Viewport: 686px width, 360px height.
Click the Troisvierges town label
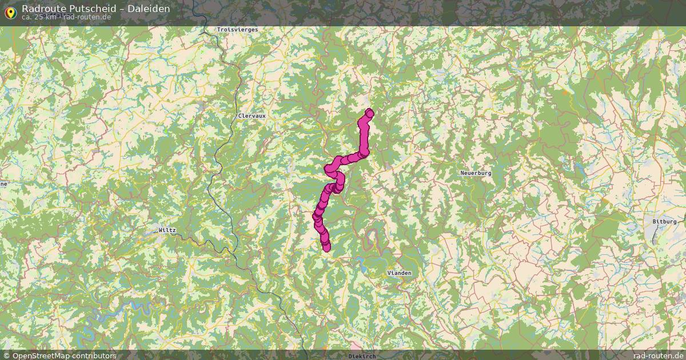point(237,29)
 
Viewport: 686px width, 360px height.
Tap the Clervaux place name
point(252,115)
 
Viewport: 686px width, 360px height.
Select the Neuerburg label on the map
point(476,173)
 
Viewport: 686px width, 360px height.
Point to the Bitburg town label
point(664,221)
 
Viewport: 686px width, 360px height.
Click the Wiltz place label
point(167,230)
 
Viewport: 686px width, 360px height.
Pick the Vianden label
point(399,273)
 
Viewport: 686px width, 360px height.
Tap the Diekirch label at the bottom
point(361,356)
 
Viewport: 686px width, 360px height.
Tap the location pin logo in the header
point(10,11)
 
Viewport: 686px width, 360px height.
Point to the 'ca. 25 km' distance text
point(39,17)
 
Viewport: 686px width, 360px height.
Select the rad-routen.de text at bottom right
point(658,355)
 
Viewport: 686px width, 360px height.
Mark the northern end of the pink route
point(369,113)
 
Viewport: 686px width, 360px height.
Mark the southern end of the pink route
point(326,247)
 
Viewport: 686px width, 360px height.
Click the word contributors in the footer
point(96,355)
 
